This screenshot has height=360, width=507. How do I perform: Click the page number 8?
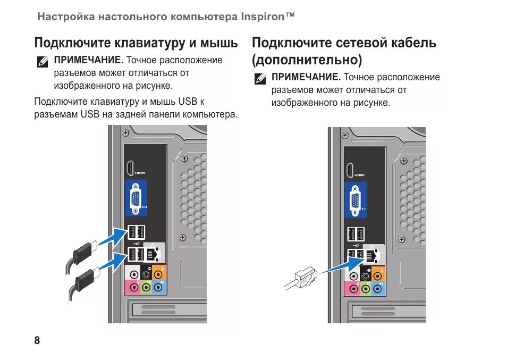(x=37, y=341)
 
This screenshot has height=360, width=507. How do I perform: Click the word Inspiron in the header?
(x=264, y=16)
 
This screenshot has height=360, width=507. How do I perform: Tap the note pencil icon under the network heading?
(x=260, y=79)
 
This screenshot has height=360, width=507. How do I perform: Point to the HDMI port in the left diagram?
(x=130, y=169)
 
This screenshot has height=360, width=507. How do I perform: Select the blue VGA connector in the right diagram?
(x=355, y=200)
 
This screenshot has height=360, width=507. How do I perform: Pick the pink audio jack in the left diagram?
(x=133, y=288)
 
